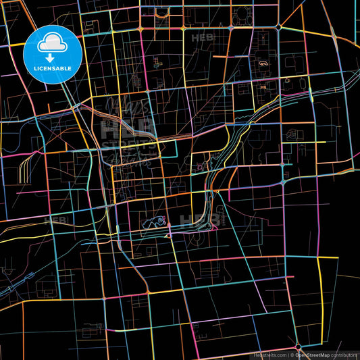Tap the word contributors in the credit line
(x=344, y=355)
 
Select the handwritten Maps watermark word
(x=128, y=108)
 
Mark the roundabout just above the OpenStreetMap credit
(x=298, y=346)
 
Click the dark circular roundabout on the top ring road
(x=278, y=27)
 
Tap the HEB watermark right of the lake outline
(x=201, y=220)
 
